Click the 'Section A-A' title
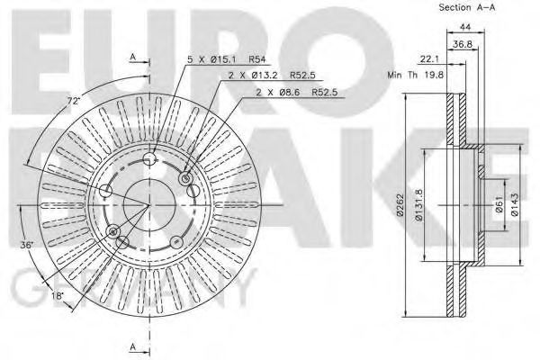pos(468,8)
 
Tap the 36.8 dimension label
pos(463,43)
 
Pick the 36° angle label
pos(28,245)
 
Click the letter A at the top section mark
pos(132,56)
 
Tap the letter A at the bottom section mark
pos(132,347)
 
